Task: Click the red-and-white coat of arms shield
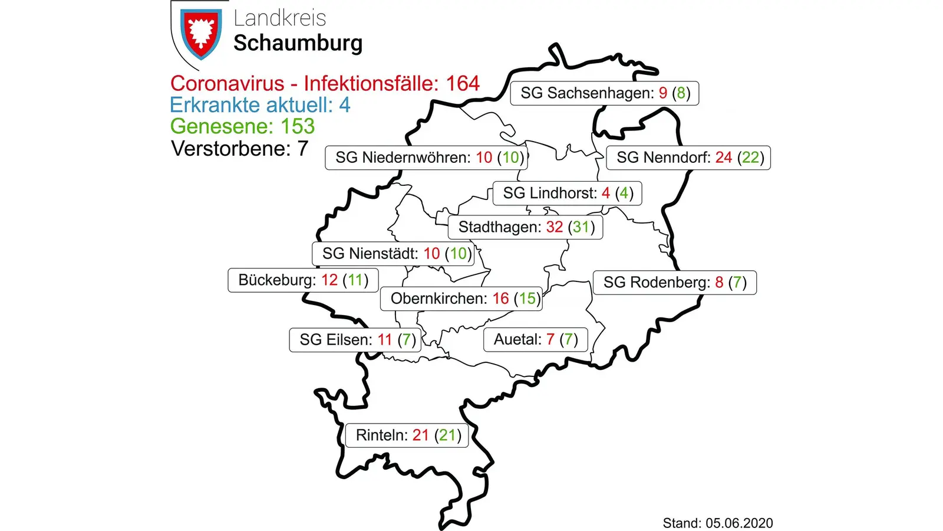coord(201,34)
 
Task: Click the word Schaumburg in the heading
coord(298,44)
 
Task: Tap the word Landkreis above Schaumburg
coord(279,18)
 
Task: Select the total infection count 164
coord(463,84)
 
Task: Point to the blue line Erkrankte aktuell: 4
coord(260,105)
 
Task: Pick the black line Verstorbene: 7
coord(239,149)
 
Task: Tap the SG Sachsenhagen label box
coord(605,93)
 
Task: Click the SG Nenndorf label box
coord(689,158)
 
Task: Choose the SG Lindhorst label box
coord(568,193)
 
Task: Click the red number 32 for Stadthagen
coord(555,227)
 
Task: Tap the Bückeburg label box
coord(303,280)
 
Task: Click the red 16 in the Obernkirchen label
coord(500,299)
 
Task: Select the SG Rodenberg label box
coord(675,283)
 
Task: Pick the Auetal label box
coord(536,339)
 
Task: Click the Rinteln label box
coord(407,435)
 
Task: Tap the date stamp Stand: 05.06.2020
coord(717,523)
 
